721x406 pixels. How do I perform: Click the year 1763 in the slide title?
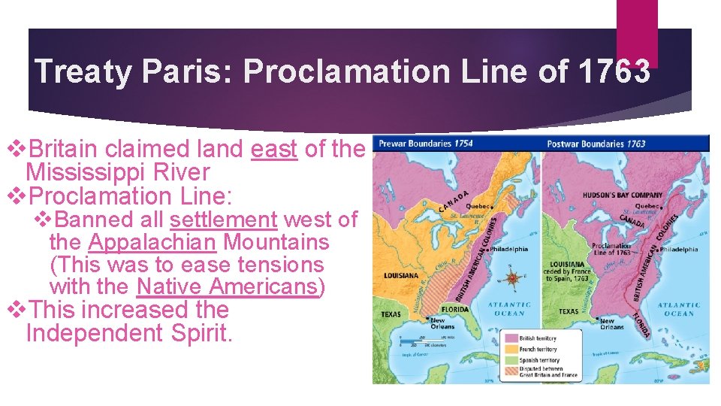click(x=615, y=72)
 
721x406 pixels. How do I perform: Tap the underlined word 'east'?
click(x=274, y=149)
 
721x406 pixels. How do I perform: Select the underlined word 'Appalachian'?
click(x=152, y=242)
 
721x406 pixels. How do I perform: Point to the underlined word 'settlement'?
click(x=224, y=220)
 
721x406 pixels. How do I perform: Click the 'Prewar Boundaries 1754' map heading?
click(x=426, y=143)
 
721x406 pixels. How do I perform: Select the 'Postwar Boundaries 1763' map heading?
click(x=596, y=143)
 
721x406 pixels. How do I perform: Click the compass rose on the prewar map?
click(x=513, y=278)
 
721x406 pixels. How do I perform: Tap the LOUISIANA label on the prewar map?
click(x=400, y=276)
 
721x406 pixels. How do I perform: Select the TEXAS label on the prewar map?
click(x=391, y=314)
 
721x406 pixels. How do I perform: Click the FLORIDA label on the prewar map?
click(x=455, y=309)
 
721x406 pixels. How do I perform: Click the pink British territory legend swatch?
click(x=510, y=339)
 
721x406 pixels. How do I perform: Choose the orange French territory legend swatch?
click(x=510, y=350)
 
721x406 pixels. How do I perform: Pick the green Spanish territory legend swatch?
click(x=510, y=360)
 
